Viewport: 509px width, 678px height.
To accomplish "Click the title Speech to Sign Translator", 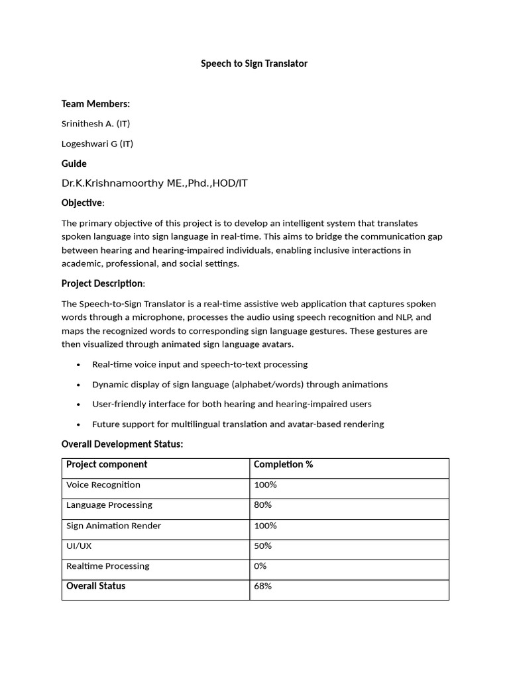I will (254, 64).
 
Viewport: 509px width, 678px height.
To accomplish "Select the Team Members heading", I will (95, 103).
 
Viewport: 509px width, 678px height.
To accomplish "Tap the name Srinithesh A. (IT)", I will (100, 124).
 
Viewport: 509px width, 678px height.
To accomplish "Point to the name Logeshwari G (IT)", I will (97, 144).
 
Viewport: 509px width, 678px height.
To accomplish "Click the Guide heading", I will (74, 164).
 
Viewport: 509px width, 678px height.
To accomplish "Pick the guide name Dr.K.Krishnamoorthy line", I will (154, 183).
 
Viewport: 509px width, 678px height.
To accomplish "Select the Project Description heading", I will (103, 283).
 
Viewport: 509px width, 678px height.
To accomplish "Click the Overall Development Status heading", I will (122, 444).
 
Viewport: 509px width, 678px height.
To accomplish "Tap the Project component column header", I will (107, 464).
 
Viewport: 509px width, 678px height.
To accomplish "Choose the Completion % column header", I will (283, 464).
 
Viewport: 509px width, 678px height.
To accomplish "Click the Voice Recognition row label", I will (103, 485).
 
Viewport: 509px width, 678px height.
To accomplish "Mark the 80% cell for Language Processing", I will (263, 505).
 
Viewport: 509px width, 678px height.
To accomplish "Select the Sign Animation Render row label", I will (113, 526).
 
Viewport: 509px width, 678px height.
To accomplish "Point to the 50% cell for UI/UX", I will (263, 546).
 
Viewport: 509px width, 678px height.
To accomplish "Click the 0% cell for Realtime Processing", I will (260, 566).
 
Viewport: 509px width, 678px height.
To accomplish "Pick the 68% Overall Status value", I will (263, 586).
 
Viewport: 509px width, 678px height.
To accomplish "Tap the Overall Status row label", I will (95, 586).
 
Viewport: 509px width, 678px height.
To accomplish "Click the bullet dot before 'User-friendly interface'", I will (79, 405).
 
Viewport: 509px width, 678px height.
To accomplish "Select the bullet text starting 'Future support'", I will (238, 424).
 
